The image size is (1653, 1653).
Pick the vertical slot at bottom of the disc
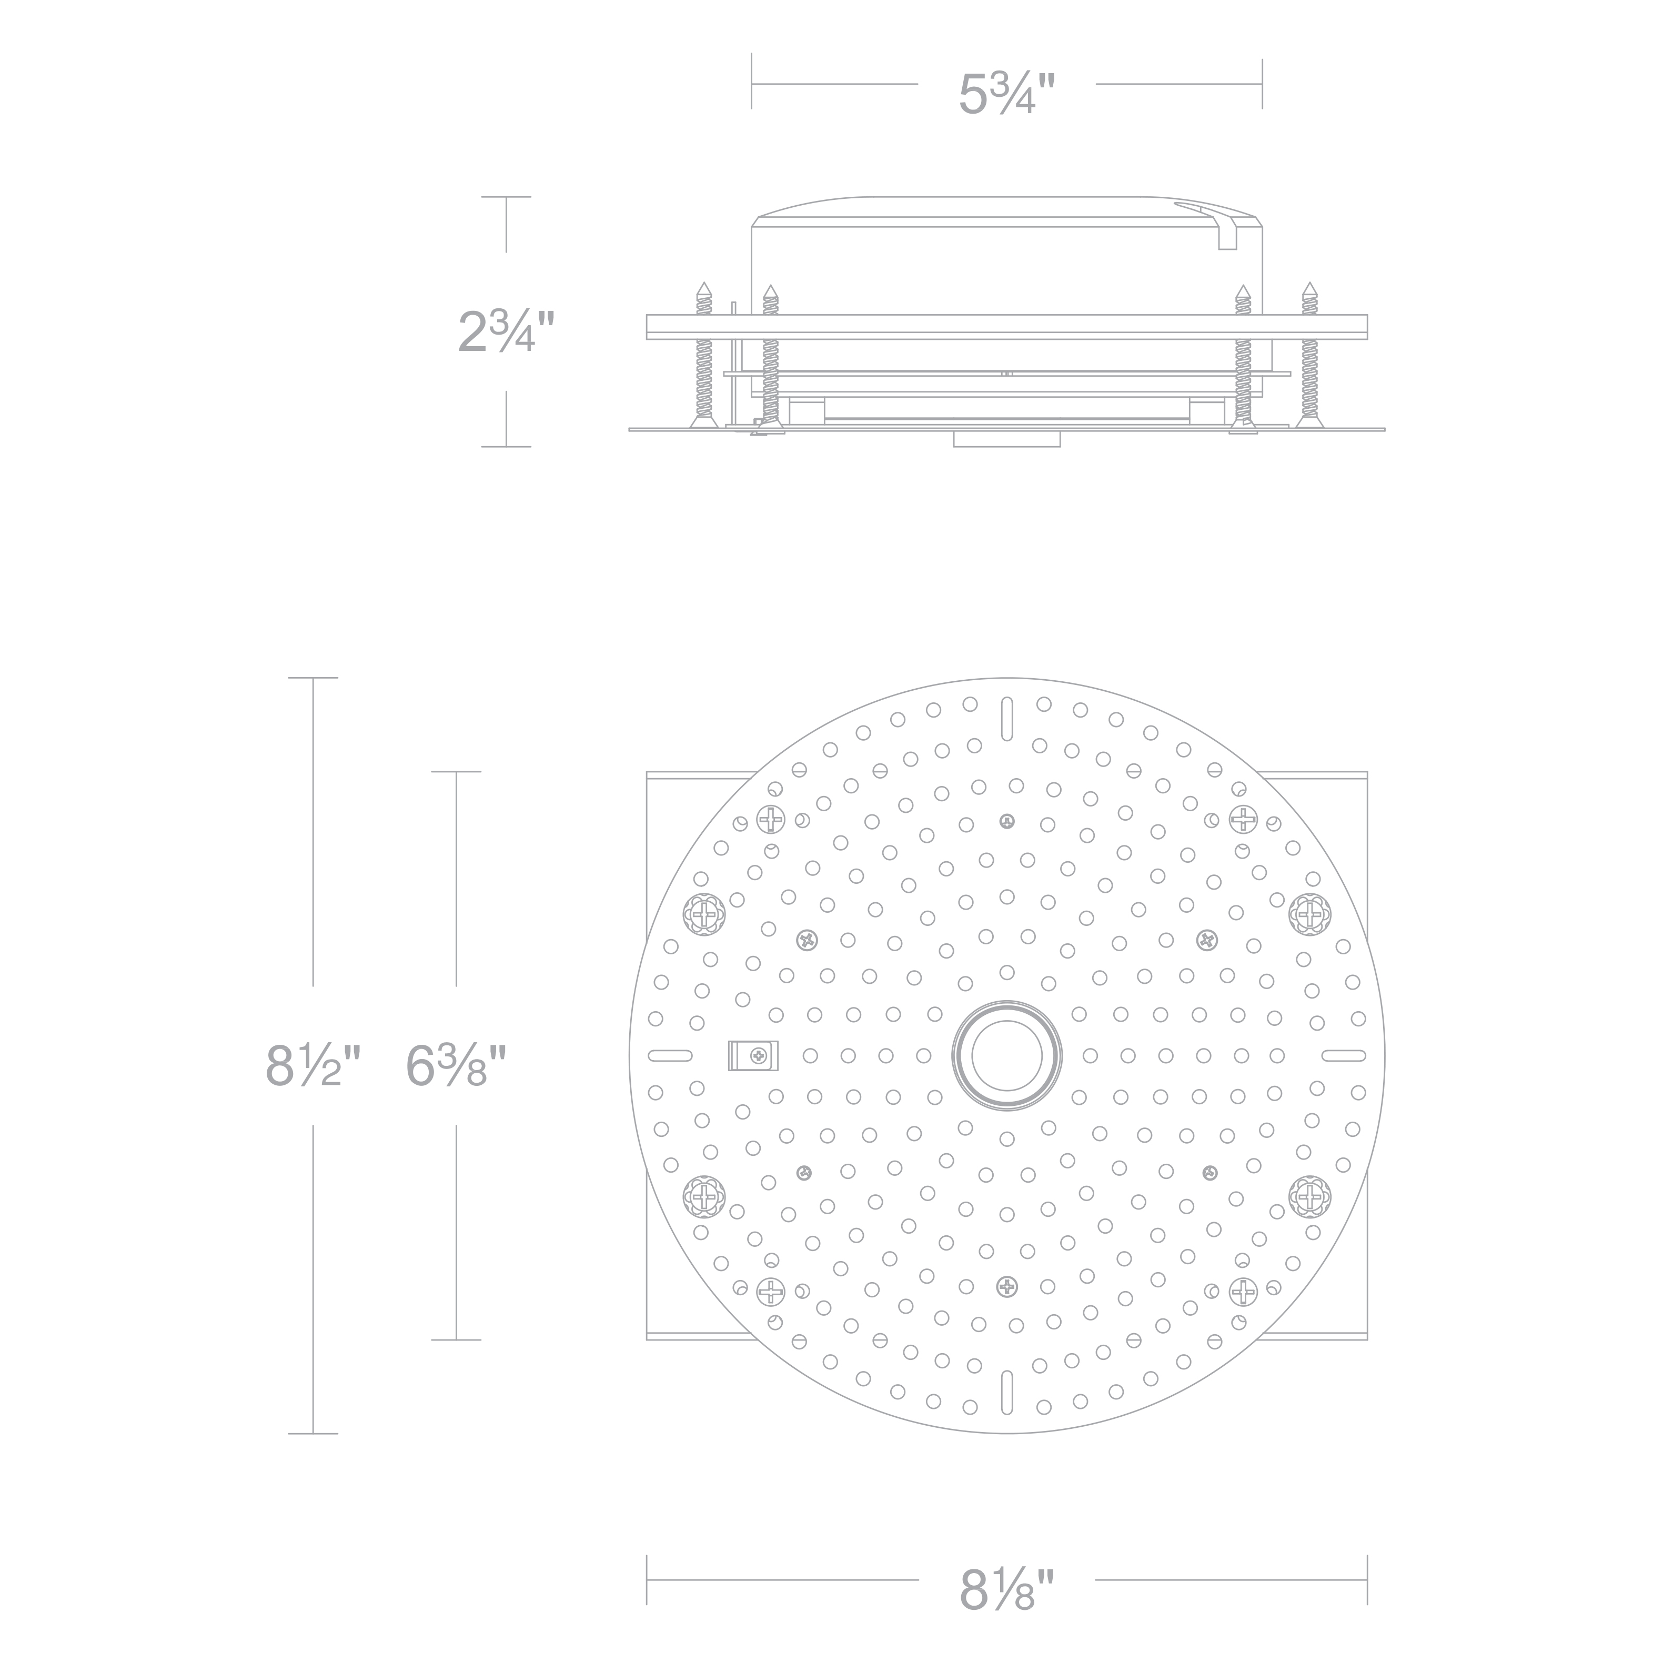[1007, 1390]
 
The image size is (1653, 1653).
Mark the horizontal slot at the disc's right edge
[1343, 1055]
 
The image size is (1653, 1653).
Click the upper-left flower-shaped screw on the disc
[704, 915]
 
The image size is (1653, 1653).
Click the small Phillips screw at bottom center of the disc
[1007, 1286]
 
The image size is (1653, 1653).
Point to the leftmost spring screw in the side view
[704, 355]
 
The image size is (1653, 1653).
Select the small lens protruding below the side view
[1007, 439]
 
